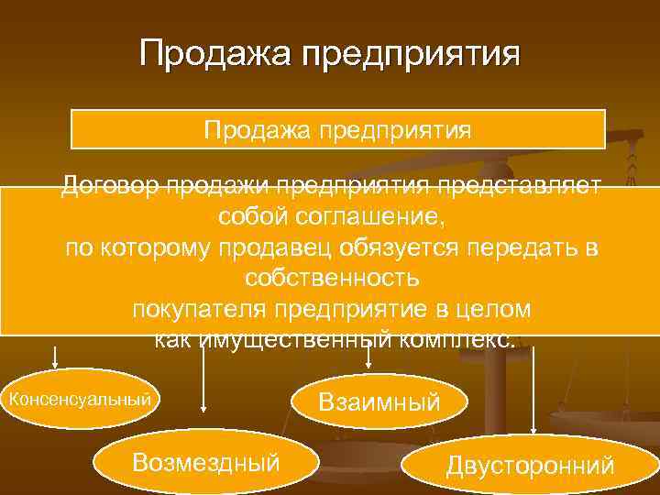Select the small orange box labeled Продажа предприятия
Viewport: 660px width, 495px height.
(x=338, y=129)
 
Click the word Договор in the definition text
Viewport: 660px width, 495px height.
(x=107, y=186)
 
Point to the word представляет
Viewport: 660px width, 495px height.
(x=519, y=186)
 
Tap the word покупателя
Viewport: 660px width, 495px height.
(x=203, y=310)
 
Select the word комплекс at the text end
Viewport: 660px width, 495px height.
(x=459, y=340)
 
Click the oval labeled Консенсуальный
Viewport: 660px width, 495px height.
(x=79, y=399)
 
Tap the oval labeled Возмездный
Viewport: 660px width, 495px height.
(x=205, y=461)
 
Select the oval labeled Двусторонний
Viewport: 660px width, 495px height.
(x=530, y=466)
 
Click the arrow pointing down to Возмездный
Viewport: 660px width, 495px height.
(x=203, y=385)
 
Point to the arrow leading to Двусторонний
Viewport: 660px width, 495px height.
(x=533, y=385)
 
